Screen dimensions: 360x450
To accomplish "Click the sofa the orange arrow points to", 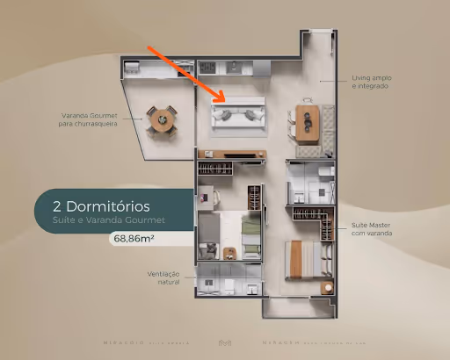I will [240, 115].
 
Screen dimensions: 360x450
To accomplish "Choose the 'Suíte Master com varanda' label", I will [372, 228].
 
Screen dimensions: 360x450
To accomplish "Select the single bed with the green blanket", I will [250, 237].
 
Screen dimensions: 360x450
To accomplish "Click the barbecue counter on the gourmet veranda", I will [158, 68].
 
